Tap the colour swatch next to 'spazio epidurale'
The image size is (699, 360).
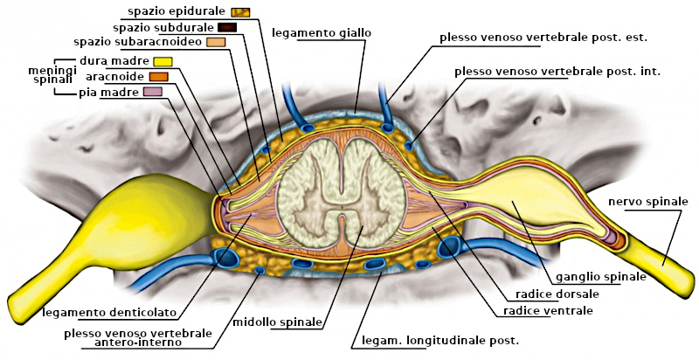coord(241,11)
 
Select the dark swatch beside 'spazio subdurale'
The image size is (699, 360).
coord(228,26)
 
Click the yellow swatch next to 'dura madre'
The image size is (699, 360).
coord(163,61)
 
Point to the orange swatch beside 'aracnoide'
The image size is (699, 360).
coord(158,76)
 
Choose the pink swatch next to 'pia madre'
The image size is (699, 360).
coord(153,91)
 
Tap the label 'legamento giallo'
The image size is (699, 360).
coord(322,32)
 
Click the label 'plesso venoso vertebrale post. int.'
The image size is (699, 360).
coord(557,72)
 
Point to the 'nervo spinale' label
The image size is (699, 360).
coord(648,202)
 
